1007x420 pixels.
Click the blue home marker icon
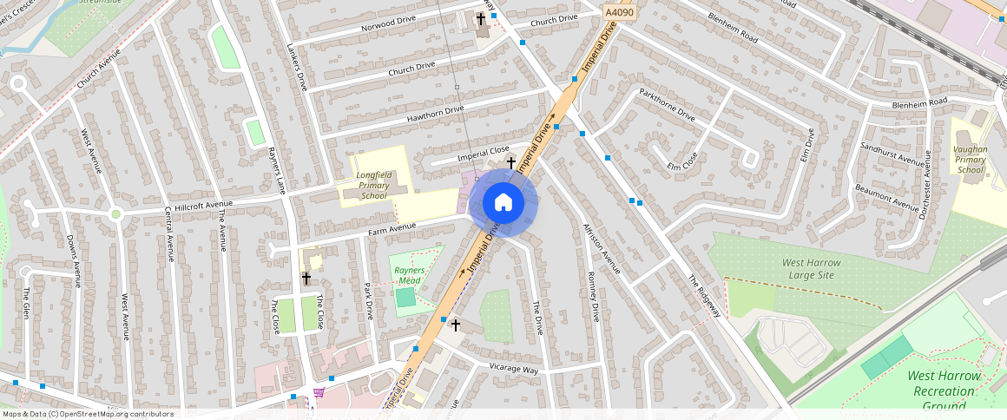[503, 202]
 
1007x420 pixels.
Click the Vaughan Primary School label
[971, 159]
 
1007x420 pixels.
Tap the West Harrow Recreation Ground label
[944, 390]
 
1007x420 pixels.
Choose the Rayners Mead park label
[409, 275]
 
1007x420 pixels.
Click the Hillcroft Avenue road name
[201, 208]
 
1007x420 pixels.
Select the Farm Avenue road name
[392, 230]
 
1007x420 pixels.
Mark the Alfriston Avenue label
[602, 247]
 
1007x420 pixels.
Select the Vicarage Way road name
[515, 370]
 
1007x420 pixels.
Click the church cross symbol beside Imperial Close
[511, 162]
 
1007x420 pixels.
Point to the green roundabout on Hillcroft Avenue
[115, 213]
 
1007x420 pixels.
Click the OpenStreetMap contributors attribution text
[88, 414]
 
